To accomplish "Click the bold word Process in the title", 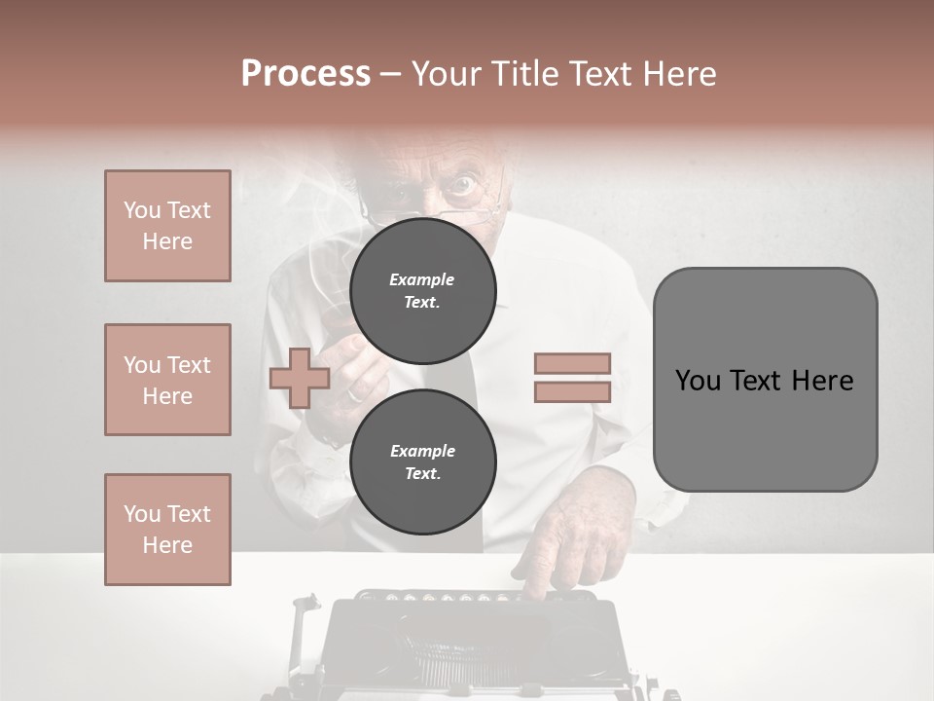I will [305, 74].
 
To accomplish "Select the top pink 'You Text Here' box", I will [167, 226].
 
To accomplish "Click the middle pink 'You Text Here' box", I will [167, 380].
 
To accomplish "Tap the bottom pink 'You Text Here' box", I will [167, 529].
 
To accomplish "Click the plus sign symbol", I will [299, 378].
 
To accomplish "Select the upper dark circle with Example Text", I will [422, 290].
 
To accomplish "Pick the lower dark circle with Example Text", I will [422, 461].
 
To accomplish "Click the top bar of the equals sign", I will [572, 363].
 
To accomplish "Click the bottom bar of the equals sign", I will [572, 392].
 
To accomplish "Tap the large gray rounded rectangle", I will [765, 380].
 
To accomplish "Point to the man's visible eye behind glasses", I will [462, 184].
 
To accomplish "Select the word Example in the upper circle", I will [422, 279].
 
